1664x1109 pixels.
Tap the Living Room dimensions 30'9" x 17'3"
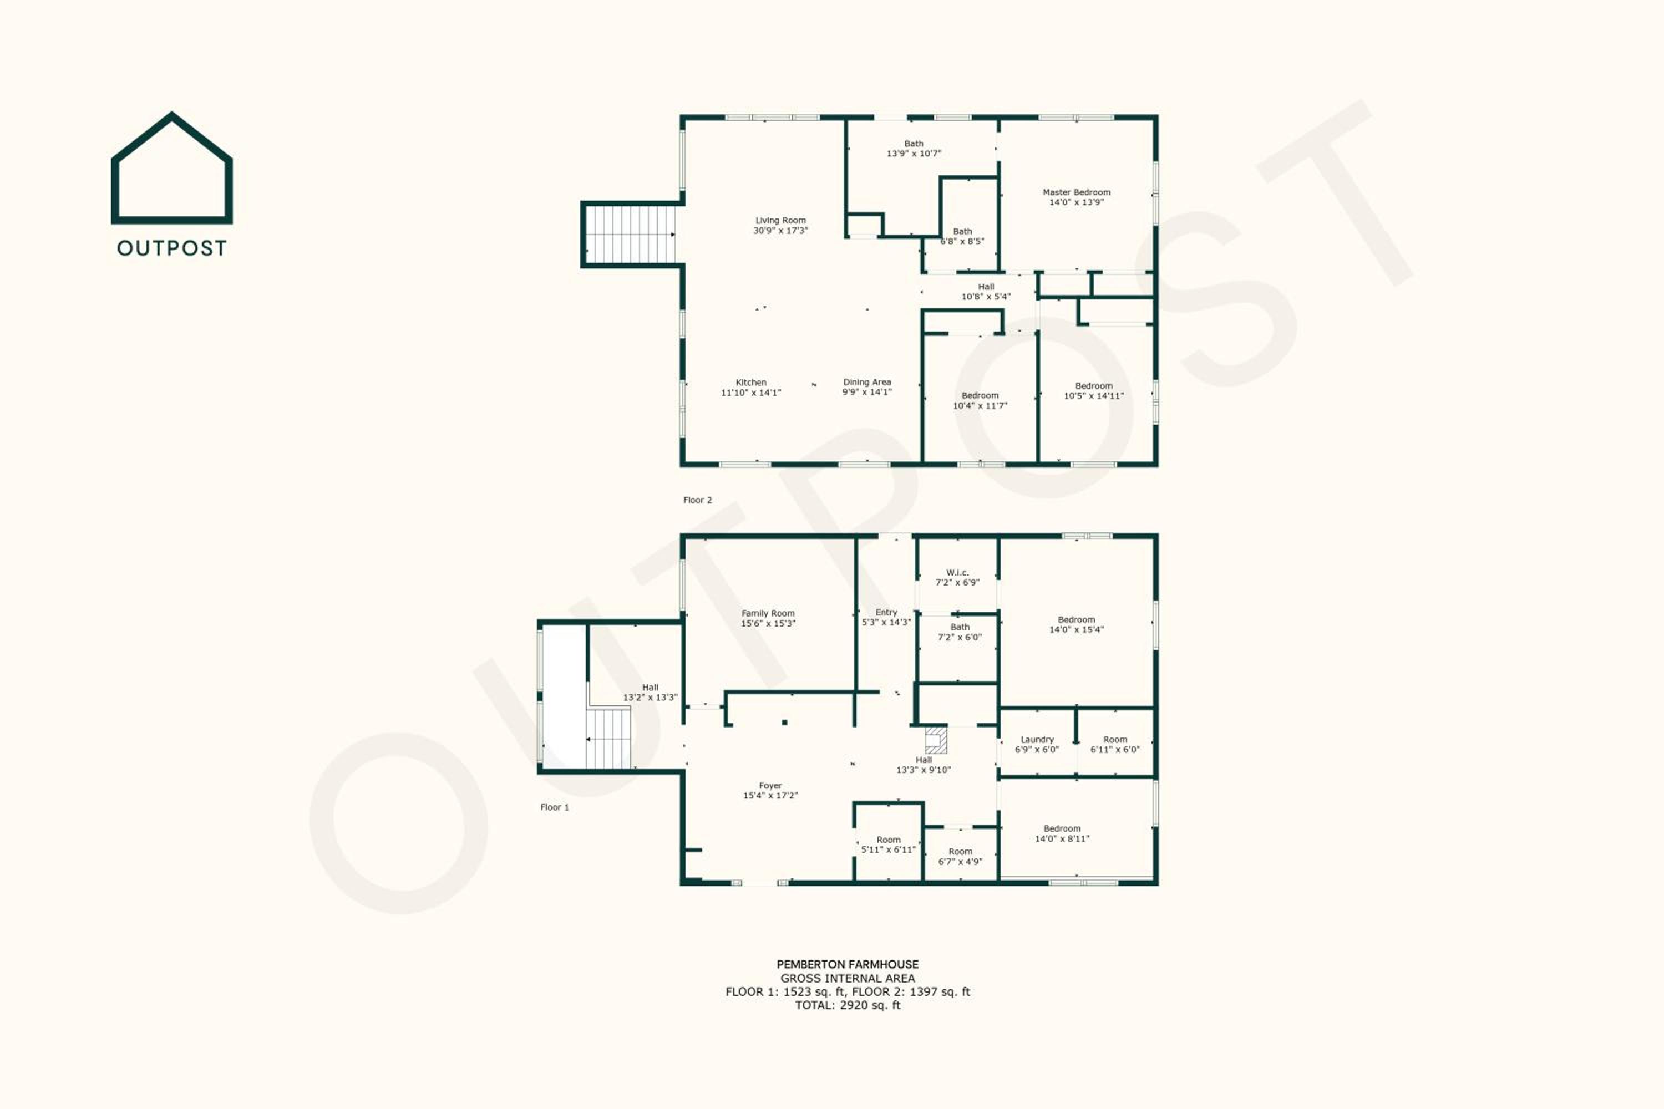[x=780, y=231]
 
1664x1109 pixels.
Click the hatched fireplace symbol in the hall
[x=936, y=740]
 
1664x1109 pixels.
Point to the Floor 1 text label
[x=555, y=807]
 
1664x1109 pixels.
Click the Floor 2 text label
[x=698, y=500]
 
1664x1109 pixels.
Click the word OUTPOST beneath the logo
[x=172, y=248]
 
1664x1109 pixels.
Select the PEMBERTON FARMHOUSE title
[x=848, y=964]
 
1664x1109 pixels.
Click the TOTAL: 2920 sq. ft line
[x=848, y=1005]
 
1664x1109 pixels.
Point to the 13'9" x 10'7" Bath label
[x=914, y=149]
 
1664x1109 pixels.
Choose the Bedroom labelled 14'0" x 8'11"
[x=1062, y=834]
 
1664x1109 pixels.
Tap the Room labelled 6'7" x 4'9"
[x=960, y=857]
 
